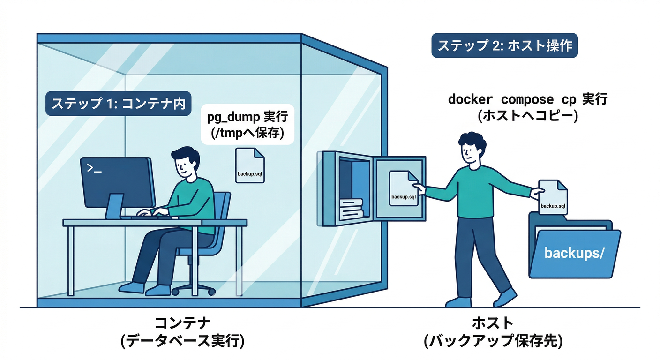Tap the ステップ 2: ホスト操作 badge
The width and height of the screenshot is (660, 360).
tap(504, 46)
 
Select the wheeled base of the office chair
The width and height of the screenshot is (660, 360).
tap(194, 289)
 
